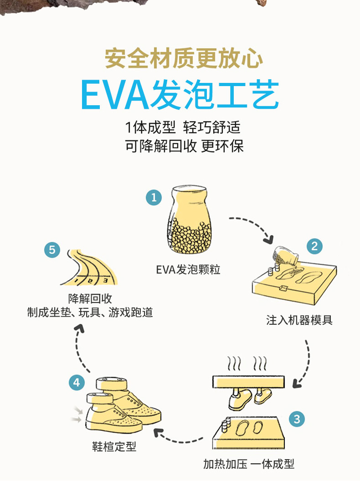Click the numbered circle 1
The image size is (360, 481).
[x=154, y=197]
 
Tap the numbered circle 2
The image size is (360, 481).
[x=314, y=246]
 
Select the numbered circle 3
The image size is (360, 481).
[x=297, y=419]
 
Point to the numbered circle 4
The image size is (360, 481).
[x=77, y=383]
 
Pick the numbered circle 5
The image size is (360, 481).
[x=52, y=250]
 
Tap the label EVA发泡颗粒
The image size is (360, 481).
[x=188, y=270]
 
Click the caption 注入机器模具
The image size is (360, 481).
[x=299, y=320]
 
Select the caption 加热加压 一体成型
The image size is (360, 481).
[x=249, y=464]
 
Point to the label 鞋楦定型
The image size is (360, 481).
[x=114, y=446]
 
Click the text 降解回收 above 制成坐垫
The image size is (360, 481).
[x=90, y=298]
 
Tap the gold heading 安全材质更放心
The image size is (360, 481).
[x=184, y=58]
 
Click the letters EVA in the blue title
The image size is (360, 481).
[x=115, y=94]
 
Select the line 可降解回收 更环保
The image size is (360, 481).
[x=184, y=146]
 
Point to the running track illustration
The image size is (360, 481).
[x=89, y=267]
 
